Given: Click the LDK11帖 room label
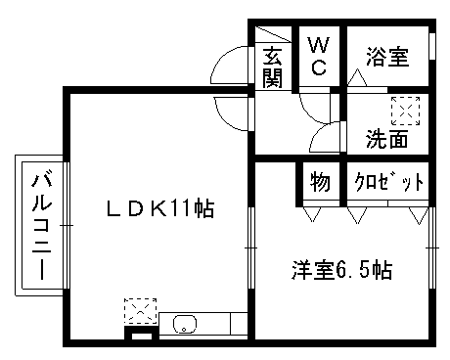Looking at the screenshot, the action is click(x=160, y=208).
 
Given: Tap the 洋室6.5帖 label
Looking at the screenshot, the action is click(x=341, y=270).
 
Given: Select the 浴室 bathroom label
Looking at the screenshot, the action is click(x=387, y=57).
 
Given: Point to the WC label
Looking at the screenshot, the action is click(x=318, y=56).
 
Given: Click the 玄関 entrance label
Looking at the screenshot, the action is click(x=272, y=67).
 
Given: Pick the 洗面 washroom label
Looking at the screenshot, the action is click(x=386, y=139).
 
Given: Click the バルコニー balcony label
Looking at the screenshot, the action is click(x=42, y=226).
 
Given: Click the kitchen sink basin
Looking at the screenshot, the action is click(x=185, y=324).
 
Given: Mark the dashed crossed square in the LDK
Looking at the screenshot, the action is click(x=141, y=311).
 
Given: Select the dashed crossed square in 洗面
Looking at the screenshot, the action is click(x=406, y=111).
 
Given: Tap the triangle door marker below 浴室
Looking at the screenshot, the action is click(x=357, y=77).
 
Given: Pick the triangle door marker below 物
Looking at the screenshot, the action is click(x=312, y=214).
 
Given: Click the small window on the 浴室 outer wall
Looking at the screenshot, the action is click(x=432, y=46).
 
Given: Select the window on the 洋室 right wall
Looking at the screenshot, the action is click(x=432, y=247).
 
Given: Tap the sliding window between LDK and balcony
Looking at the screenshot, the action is click(x=67, y=225).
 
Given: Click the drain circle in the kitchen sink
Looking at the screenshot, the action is click(x=184, y=330).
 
